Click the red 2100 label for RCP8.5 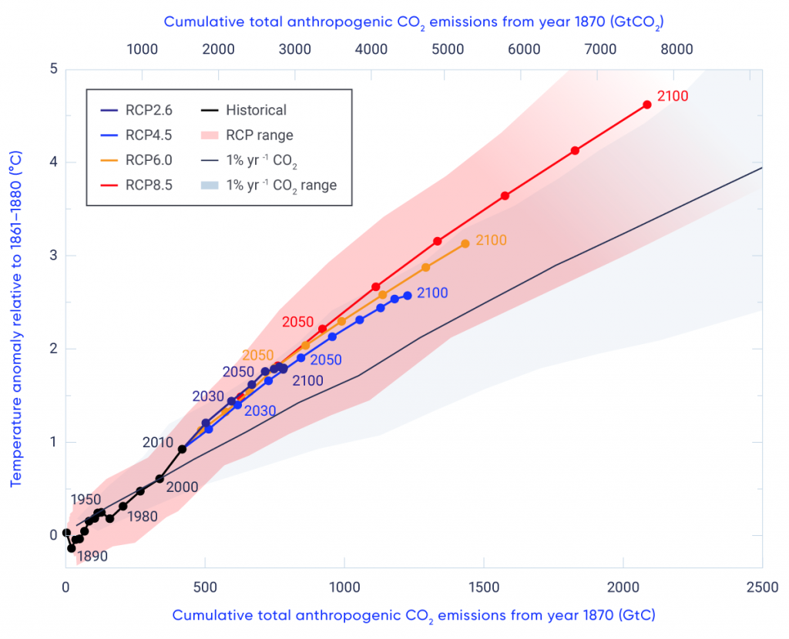point(672,97)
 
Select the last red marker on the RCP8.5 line point(647,105)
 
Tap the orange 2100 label point(491,240)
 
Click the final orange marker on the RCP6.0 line point(465,244)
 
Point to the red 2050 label point(297,322)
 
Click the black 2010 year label point(158,443)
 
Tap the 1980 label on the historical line point(143,516)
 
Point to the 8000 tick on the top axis point(677,49)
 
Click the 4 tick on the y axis point(54,162)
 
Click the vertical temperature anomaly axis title point(15,317)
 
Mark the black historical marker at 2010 point(182,449)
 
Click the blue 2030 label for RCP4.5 point(260,411)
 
